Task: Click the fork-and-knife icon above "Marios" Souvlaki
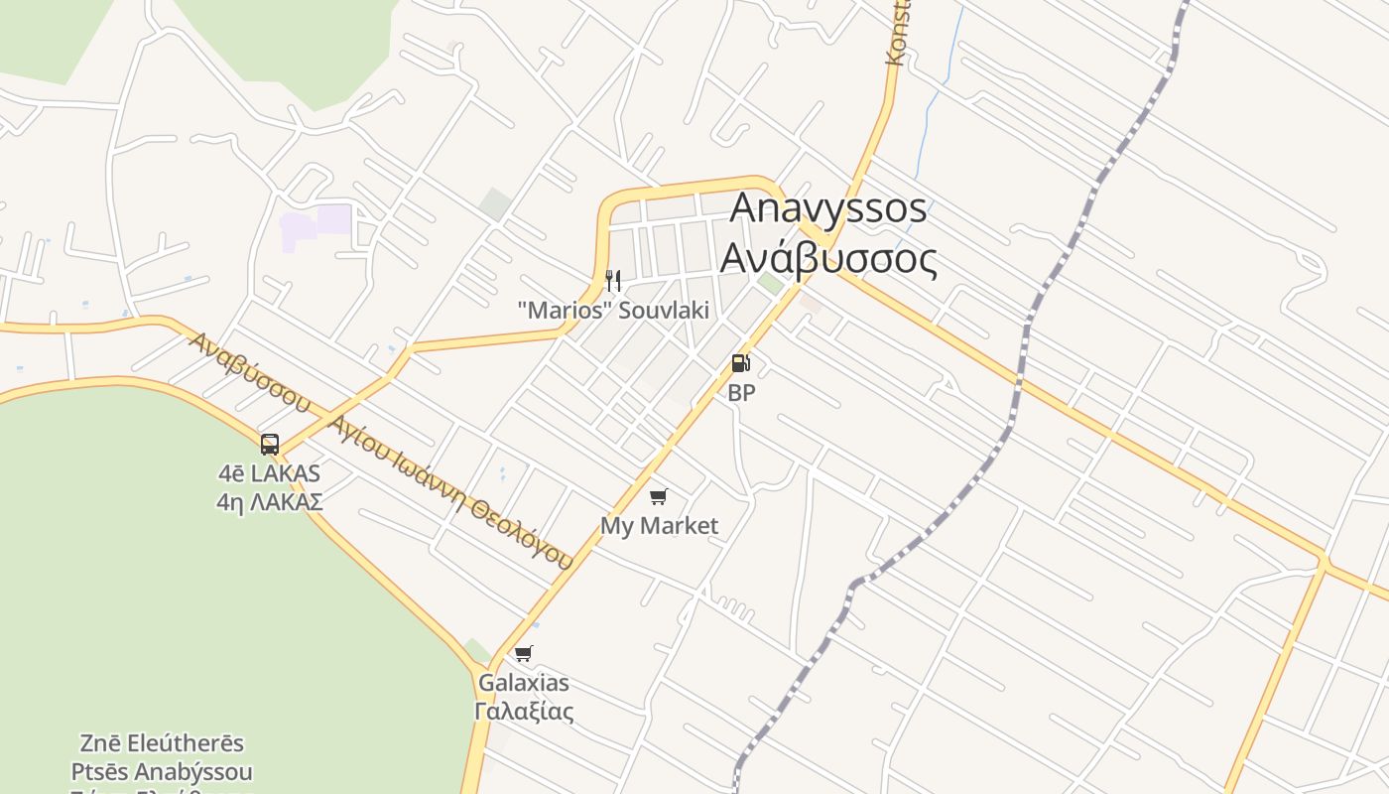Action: tap(613, 281)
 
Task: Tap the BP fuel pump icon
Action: tap(741, 363)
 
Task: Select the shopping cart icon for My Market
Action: tap(658, 496)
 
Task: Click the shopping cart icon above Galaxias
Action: tap(523, 653)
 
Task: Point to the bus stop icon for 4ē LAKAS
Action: tap(270, 444)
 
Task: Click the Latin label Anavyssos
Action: tap(828, 208)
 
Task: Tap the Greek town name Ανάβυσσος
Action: tap(828, 258)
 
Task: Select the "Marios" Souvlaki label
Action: tap(613, 311)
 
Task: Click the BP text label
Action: tap(741, 393)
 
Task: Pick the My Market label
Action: tap(659, 526)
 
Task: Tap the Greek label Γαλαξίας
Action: tap(524, 712)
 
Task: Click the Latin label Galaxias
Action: tap(524, 683)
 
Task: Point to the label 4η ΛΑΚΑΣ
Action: tap(270, 502)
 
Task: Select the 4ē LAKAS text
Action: tap(270, 473)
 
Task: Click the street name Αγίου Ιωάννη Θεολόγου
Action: tap(452, 492)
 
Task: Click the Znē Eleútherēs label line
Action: tap(162, 743)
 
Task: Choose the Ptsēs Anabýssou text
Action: tap(162, 772)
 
